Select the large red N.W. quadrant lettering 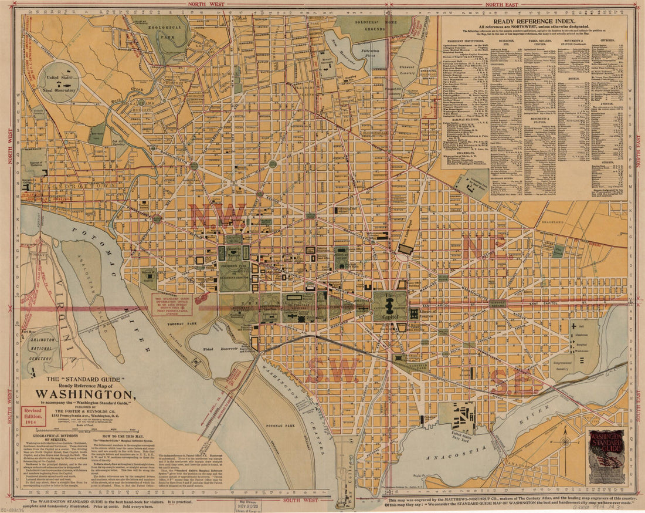(x=218, y=216)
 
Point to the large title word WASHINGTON (x=86, y=394)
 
